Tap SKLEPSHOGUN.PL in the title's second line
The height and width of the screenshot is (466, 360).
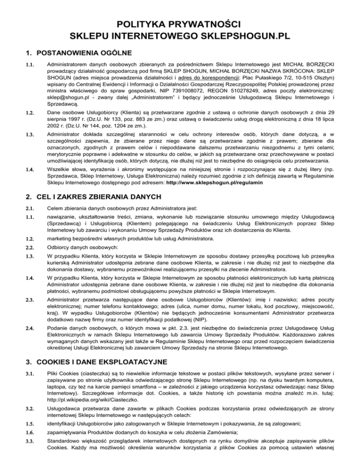click(x=243, y=35)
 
